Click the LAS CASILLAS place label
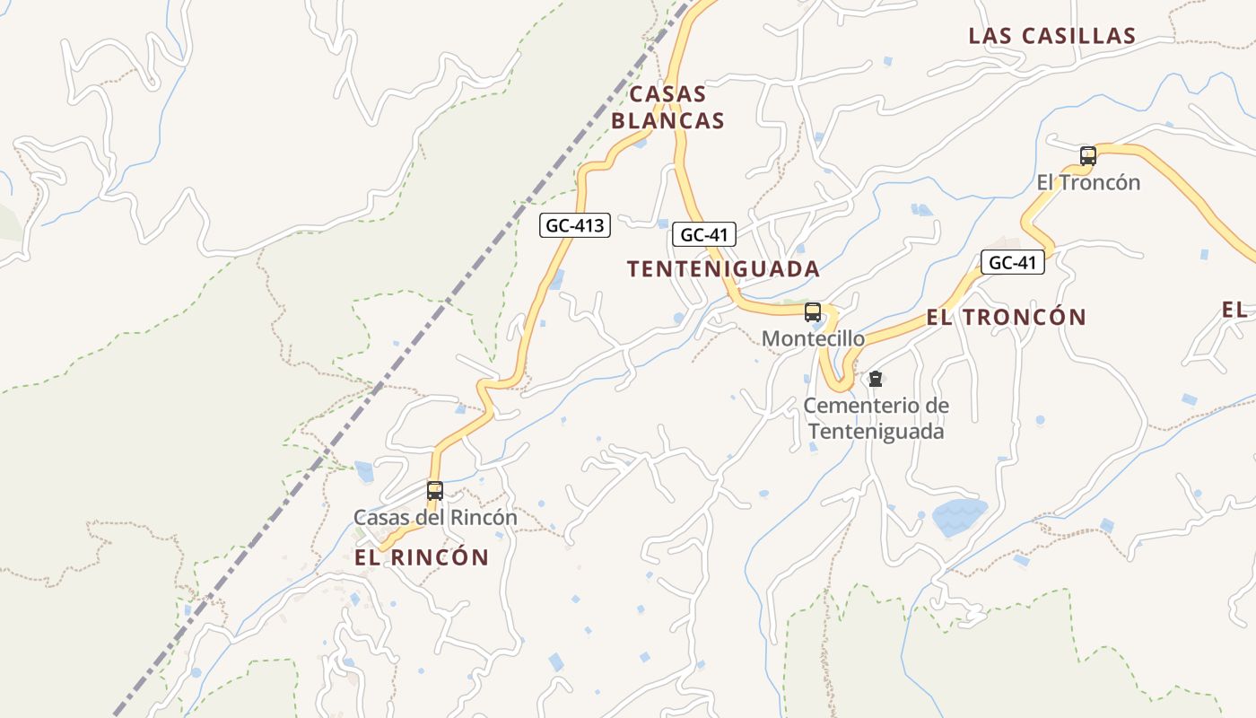point(1051,36)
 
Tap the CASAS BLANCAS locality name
point(667,107)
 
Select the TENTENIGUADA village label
point(723,268)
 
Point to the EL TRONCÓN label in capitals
point(1006,317)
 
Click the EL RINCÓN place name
point(422,557)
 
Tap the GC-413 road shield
point(574,225)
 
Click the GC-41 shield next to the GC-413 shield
point(704,235)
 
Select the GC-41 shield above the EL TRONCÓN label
point(1012,263)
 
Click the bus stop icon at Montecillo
point(813,312)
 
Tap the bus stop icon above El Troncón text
point(1088,156)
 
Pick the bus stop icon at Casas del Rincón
point(435,490)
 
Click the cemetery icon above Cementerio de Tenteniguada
point(876,379)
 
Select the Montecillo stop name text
point(813,338)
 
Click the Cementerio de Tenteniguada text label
point(876,418)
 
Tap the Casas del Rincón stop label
point(435,518)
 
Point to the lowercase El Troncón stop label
point(1088,182)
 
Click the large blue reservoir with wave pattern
point(959,517)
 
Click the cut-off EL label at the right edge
point(1235,310)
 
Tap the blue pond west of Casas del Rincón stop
point(364,471)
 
